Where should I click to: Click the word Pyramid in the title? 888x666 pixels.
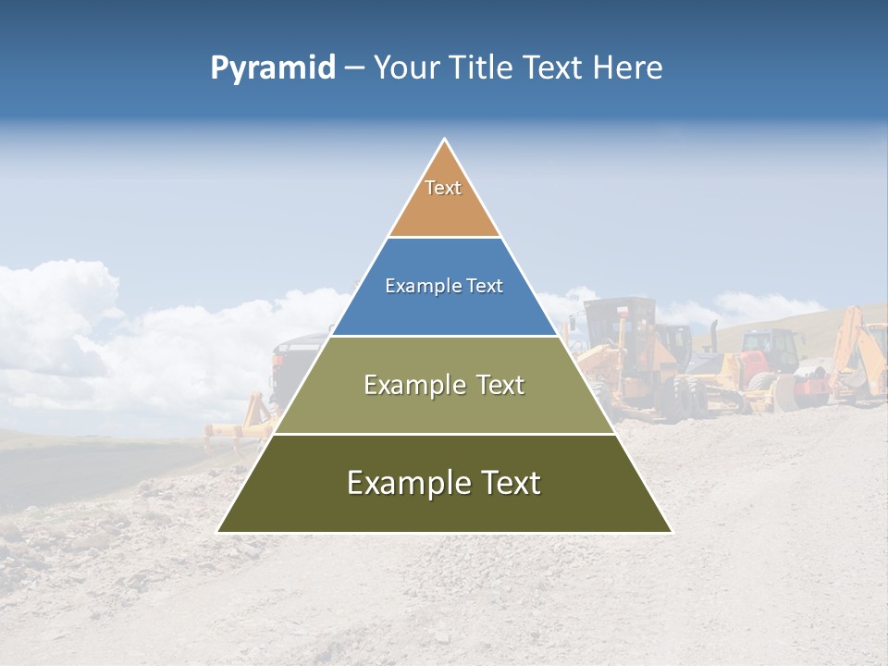273,68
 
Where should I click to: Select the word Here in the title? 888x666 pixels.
628,68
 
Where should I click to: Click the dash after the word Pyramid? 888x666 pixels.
353,68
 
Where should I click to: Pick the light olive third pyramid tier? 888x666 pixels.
444,407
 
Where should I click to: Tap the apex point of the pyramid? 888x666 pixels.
445,140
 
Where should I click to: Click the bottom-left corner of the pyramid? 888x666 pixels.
218,532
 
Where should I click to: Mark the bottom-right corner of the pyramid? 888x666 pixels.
671,532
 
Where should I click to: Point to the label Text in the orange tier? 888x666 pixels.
443,188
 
